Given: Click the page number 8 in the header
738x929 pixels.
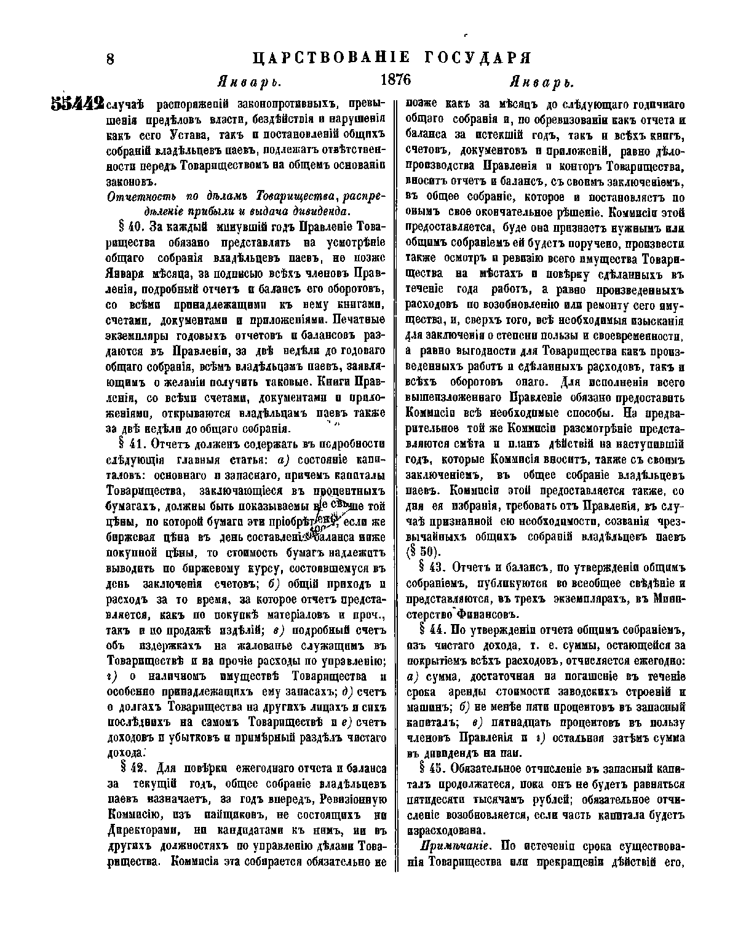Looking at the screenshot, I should tap(111, 59).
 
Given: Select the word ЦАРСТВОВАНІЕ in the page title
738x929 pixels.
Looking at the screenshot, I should tap(332, 58).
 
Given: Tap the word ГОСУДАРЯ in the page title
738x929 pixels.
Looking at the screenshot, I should tap(477, 58).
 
